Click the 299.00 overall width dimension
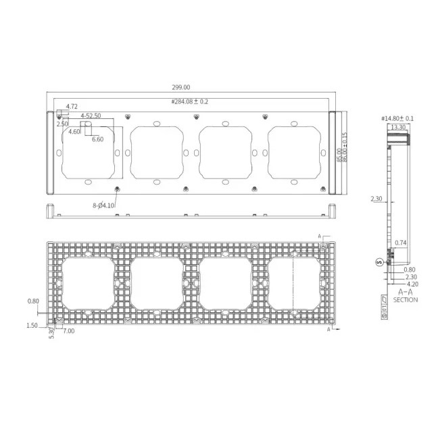[181, 87]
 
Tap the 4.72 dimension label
[71, 107]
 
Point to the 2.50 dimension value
[62, 124]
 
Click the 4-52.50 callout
[91, 116]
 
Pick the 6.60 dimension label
[97, 139]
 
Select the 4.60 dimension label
[74, 132]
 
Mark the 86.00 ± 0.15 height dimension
[344, 146]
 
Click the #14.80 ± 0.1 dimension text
[397, 118]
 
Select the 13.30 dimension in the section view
[397, 126]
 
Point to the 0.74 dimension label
[401, 242]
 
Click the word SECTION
[406, 299]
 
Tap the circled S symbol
[379, 261]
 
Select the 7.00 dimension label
[70, 331]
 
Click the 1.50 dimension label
[32, 325]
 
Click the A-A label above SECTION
[406, 291]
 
